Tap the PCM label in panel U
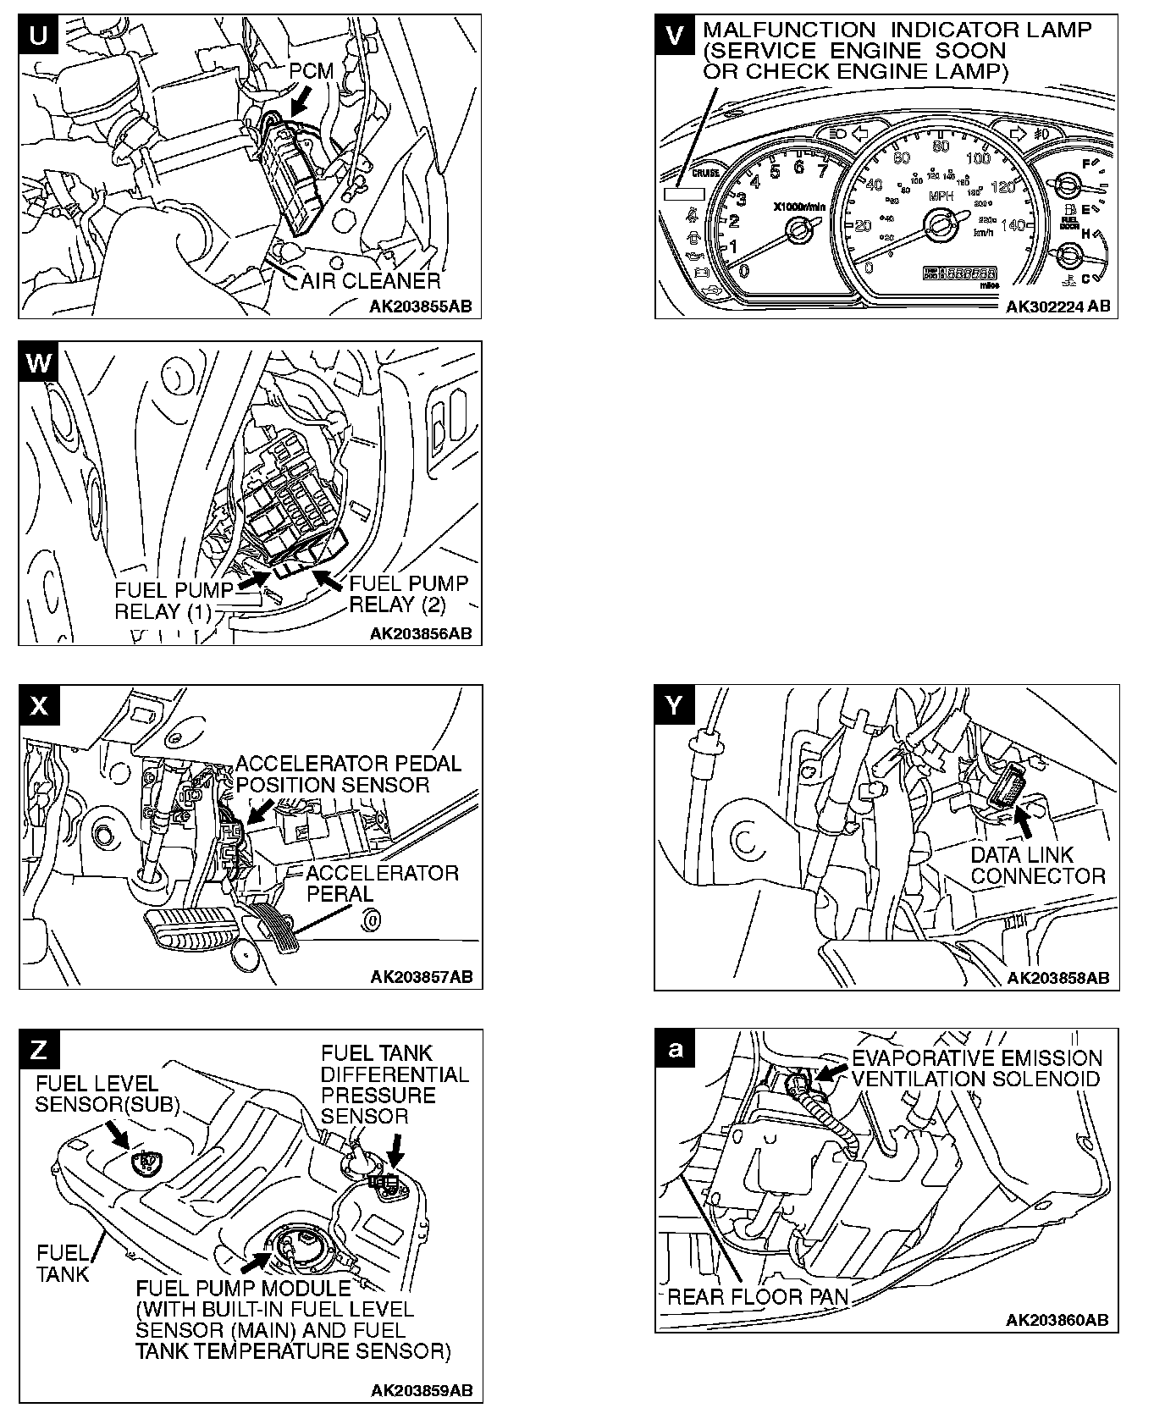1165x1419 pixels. click(x=311, y=72)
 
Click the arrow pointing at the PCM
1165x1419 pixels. click(x=298, y=103)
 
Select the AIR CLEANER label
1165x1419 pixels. click(x=371, y=280)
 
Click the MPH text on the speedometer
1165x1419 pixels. click(x=941, y=197)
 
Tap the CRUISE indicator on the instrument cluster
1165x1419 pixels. click(x=705, y=174)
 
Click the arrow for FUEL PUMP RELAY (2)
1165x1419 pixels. click(x=330, y=580)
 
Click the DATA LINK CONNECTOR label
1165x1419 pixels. click(x=1038, y=865)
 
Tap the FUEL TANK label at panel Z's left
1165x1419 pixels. click(x=63, y=1263)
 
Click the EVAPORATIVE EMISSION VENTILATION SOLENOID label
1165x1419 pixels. click(x=977, y=1068)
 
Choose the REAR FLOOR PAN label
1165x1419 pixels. click(x=759, y=1296)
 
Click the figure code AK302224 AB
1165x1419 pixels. click(x=1057, y=306)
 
